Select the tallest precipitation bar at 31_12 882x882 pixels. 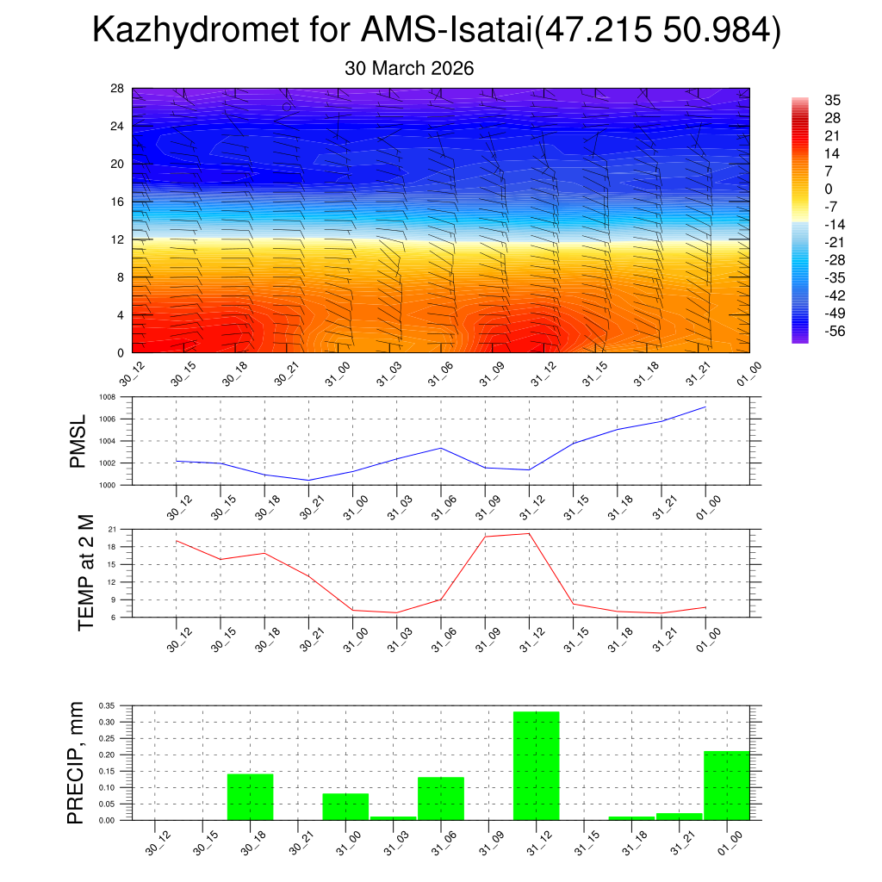pos(536,765)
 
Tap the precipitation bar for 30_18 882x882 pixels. pos(250,797)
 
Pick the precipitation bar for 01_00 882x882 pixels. pos(726,785)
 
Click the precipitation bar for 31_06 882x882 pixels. pos(441,798)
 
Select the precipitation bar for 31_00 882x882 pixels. pos(345,806)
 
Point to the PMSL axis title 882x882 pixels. pos(78,442)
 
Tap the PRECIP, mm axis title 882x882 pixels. pos(77,762)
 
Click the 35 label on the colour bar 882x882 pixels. pos(833,100)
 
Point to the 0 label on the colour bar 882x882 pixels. pos(829,189)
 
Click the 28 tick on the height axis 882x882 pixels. pos(117,89)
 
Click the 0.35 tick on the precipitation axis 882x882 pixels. pos(107,705)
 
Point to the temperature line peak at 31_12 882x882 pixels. pos(529,533)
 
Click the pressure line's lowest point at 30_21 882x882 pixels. pos(308,480)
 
